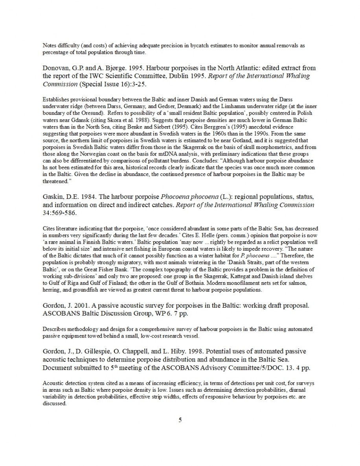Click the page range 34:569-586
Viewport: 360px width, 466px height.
point(61,213)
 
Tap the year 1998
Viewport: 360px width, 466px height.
point(201,351)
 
